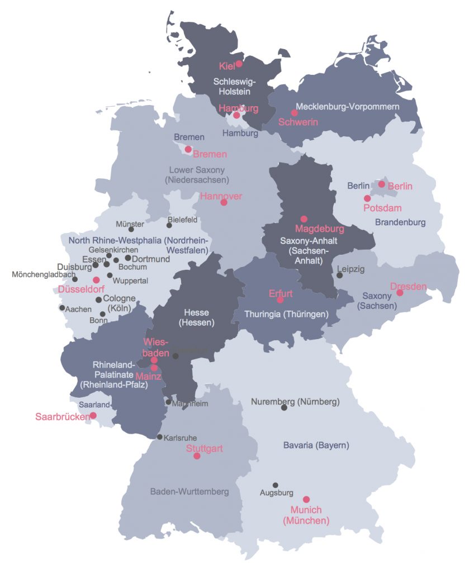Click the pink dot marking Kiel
(239, 64)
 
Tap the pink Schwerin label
(298, 122)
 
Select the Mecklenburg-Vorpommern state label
(347, 107)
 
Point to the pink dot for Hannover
(224, 202)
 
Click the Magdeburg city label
(319, 229)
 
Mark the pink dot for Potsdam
(367, 198)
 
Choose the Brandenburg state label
(400, 222)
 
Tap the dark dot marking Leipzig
(339, 275)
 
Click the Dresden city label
(408, 287)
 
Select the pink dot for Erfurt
(280, 300)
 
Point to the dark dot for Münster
(131, 229)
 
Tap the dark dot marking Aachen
(62, 308)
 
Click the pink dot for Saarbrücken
(93, 415)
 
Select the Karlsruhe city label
(180, 437)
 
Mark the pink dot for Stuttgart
(197, 456)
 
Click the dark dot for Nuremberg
(284, 408)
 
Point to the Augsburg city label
(276, 493)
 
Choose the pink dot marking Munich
(306, 499)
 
